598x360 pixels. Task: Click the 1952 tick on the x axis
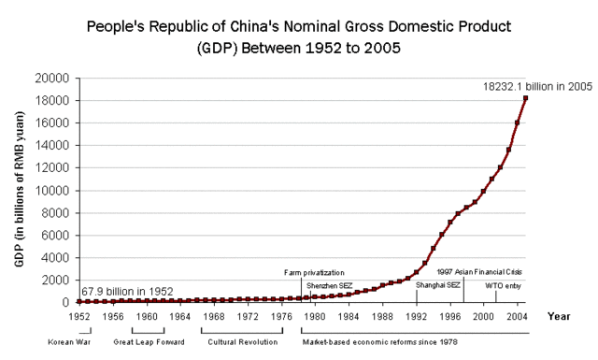78,317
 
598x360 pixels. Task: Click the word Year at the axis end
559,317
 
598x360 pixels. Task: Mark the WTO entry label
505,284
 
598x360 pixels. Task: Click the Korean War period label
70,342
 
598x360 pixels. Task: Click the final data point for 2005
526,98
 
